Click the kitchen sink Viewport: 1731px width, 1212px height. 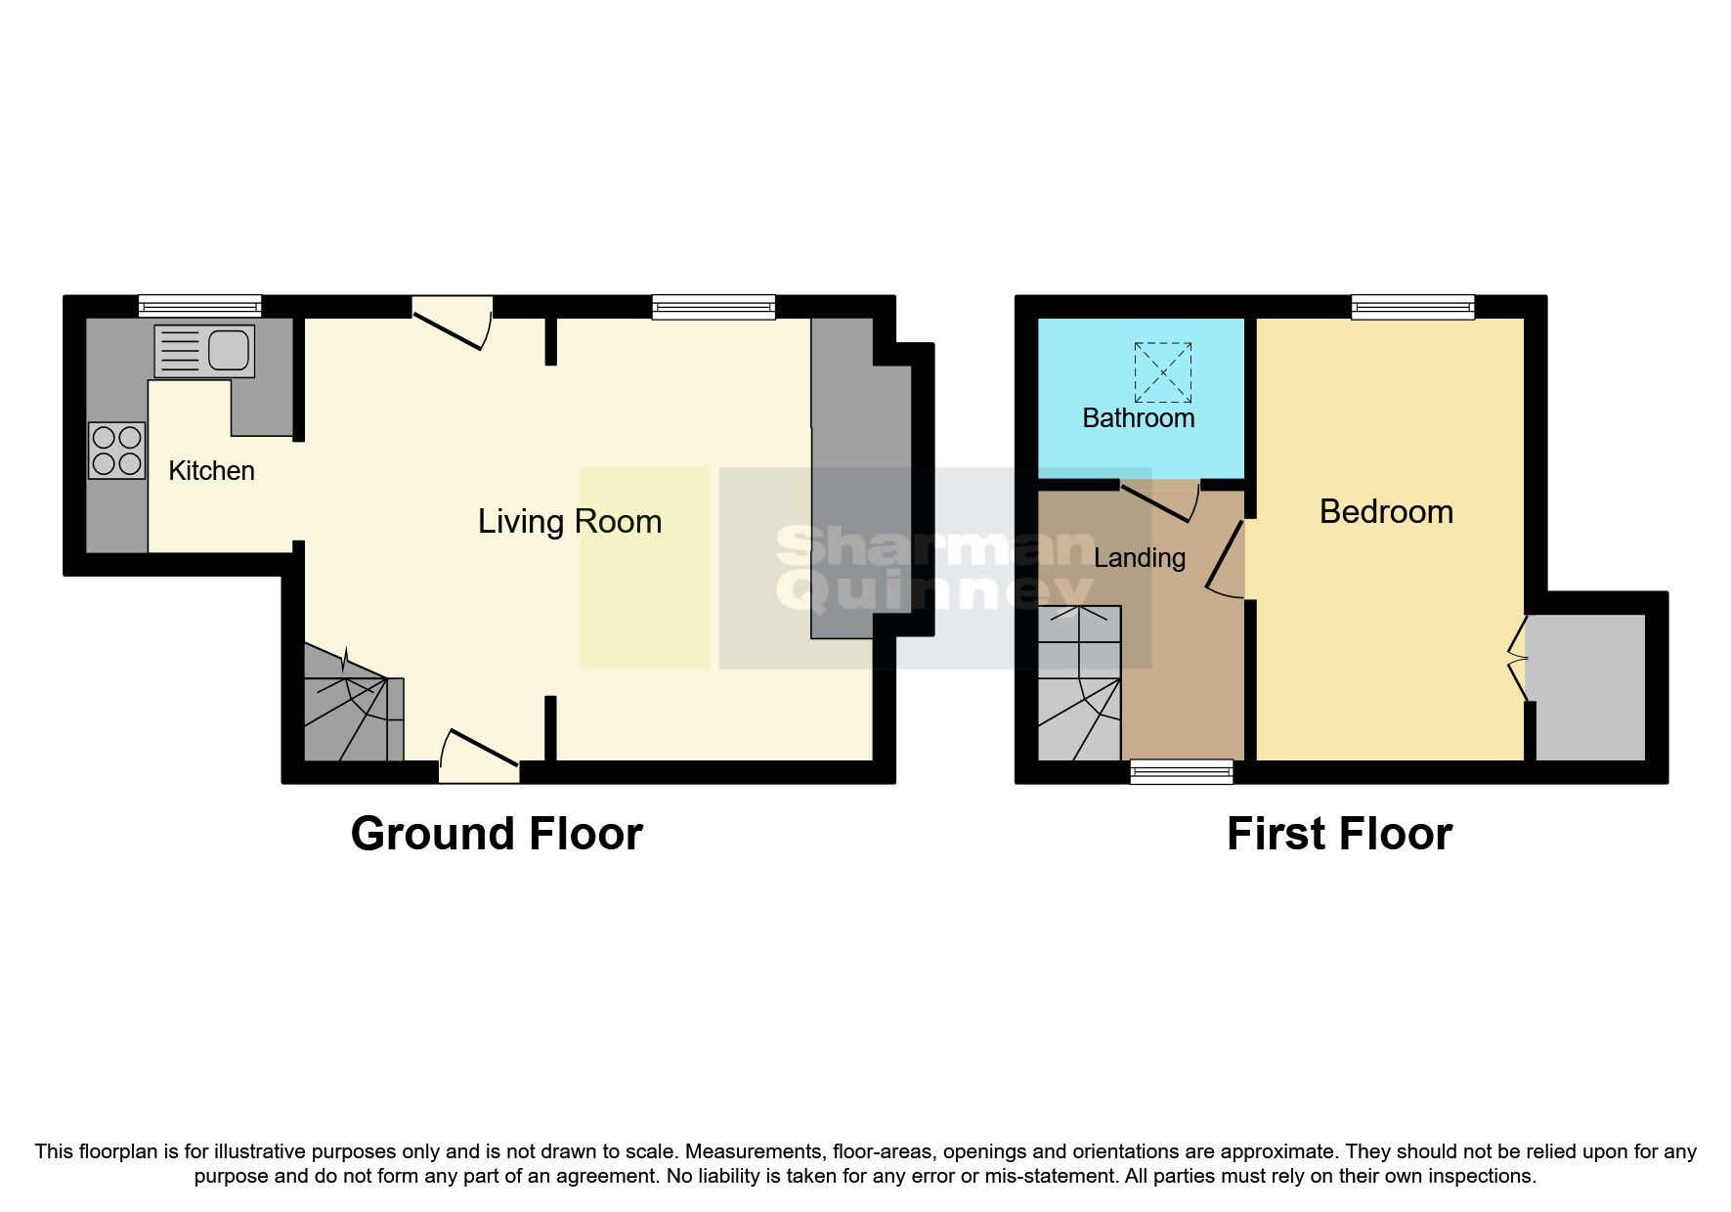pyautogui.click(x=204, y=351)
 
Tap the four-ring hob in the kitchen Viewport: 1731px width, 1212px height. pyautogui.click(x=117, y=451)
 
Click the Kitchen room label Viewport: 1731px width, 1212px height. pyautogui.click(x=211, y=471)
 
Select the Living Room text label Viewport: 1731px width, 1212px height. pyautogui.click(x=569, y=521)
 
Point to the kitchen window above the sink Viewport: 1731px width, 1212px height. pyautogui.click(x=199, y=307)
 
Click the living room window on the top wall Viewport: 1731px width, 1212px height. pyautogui.click(x=714, y=307)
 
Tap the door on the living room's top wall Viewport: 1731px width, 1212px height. pyautogui.click(x=451, y=322)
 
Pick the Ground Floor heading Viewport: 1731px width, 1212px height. pyautogui.click(x=497, y=834)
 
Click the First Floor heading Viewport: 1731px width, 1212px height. pyautogui.click(x=1339, y=834)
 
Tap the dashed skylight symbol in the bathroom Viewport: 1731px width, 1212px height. pyautogui.click(x=1162, y=372)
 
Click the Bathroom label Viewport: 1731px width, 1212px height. pyautogui.click(x=1139, y=418)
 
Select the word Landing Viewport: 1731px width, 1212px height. pyautogui.click(x=1140, y=558)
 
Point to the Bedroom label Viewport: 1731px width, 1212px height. pyautogui.click(x=1386, y=512)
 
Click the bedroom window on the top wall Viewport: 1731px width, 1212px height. pyautogui.click(x=1412, y=307)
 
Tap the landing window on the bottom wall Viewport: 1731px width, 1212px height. pyautogui.click(x=1182, y=772)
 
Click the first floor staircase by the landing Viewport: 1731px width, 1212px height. pyautogui.click(x=1079, y=684)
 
